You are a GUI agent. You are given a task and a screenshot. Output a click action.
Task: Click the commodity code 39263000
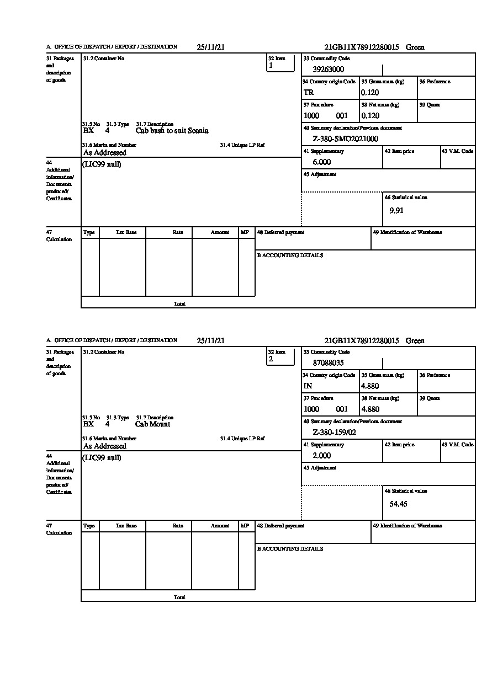pyautogui.click(x=328, y=70)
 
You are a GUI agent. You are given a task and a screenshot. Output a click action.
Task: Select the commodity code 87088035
pyautogui.click(x=328, y=363)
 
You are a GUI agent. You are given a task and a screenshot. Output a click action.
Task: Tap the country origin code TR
pyautogui.click(x=309, y=93)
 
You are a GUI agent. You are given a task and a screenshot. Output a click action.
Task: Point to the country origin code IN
pyautogui.click(x=308, y=386)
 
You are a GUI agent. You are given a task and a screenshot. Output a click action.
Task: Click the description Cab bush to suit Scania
pyautogui.click(x=172, y=131)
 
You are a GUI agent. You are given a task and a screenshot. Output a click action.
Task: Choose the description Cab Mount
pyautogui.click(x=152, y=424)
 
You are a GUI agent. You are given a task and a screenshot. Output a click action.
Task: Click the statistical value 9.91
pyautogui.click(x=396, y=211)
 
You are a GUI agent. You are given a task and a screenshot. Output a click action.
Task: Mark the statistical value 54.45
pyautogui.click(x=398, y=504)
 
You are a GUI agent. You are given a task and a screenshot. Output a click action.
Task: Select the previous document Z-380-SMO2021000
pyautogui.click(x=345, y=139)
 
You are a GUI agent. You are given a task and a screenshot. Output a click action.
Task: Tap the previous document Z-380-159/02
pyautogui.click(x=334, y=433)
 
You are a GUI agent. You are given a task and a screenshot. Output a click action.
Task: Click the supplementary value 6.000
pyautogui.click(x=321, y=162)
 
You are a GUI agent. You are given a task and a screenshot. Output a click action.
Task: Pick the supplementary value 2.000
pyautogui.click(x=321, y=456)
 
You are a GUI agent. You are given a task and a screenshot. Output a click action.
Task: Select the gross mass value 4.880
pyautogui.click(x=370, y=386)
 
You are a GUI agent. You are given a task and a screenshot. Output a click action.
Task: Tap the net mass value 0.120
pyautogui.click(x=370, y=116)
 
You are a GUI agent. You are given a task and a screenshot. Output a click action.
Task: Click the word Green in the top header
pyautogui.click(x=415, y=47)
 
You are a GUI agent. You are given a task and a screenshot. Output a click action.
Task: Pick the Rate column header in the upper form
pyautogui.click(x=177, y=232)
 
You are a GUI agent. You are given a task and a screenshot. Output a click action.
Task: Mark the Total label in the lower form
pyautogui.click(x=179, y=598)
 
